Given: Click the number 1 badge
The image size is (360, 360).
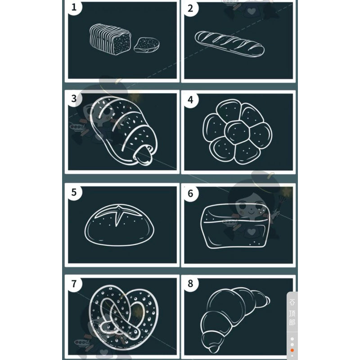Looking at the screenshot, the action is coord(74,8).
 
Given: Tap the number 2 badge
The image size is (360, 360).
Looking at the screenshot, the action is coord(190,9).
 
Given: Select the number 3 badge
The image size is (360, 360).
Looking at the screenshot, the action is coord(74,99).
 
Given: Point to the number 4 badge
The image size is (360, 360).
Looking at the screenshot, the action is coord(190,100).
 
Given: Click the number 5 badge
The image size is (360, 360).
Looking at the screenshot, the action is coord(74,193).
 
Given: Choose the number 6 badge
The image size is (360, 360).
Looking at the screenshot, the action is coord(190,193).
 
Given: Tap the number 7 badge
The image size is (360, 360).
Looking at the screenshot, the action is coord(74,284).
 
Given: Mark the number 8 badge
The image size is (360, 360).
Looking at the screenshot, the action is coord(190,284).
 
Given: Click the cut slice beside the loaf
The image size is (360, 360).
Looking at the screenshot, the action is coord(147,45).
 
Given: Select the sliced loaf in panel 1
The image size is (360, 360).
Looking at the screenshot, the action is coord(110,39).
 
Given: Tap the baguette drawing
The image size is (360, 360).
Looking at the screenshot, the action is coord(229,44).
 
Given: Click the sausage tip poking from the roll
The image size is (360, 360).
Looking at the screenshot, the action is coord(143,155).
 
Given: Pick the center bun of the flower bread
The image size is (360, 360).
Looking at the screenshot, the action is coord(237,132).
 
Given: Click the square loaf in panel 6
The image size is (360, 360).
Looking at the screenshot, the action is coord(235,227).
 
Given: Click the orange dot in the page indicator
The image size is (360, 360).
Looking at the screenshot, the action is coord(292,350).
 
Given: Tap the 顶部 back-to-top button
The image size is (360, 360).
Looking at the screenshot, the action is coord(292,312).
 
